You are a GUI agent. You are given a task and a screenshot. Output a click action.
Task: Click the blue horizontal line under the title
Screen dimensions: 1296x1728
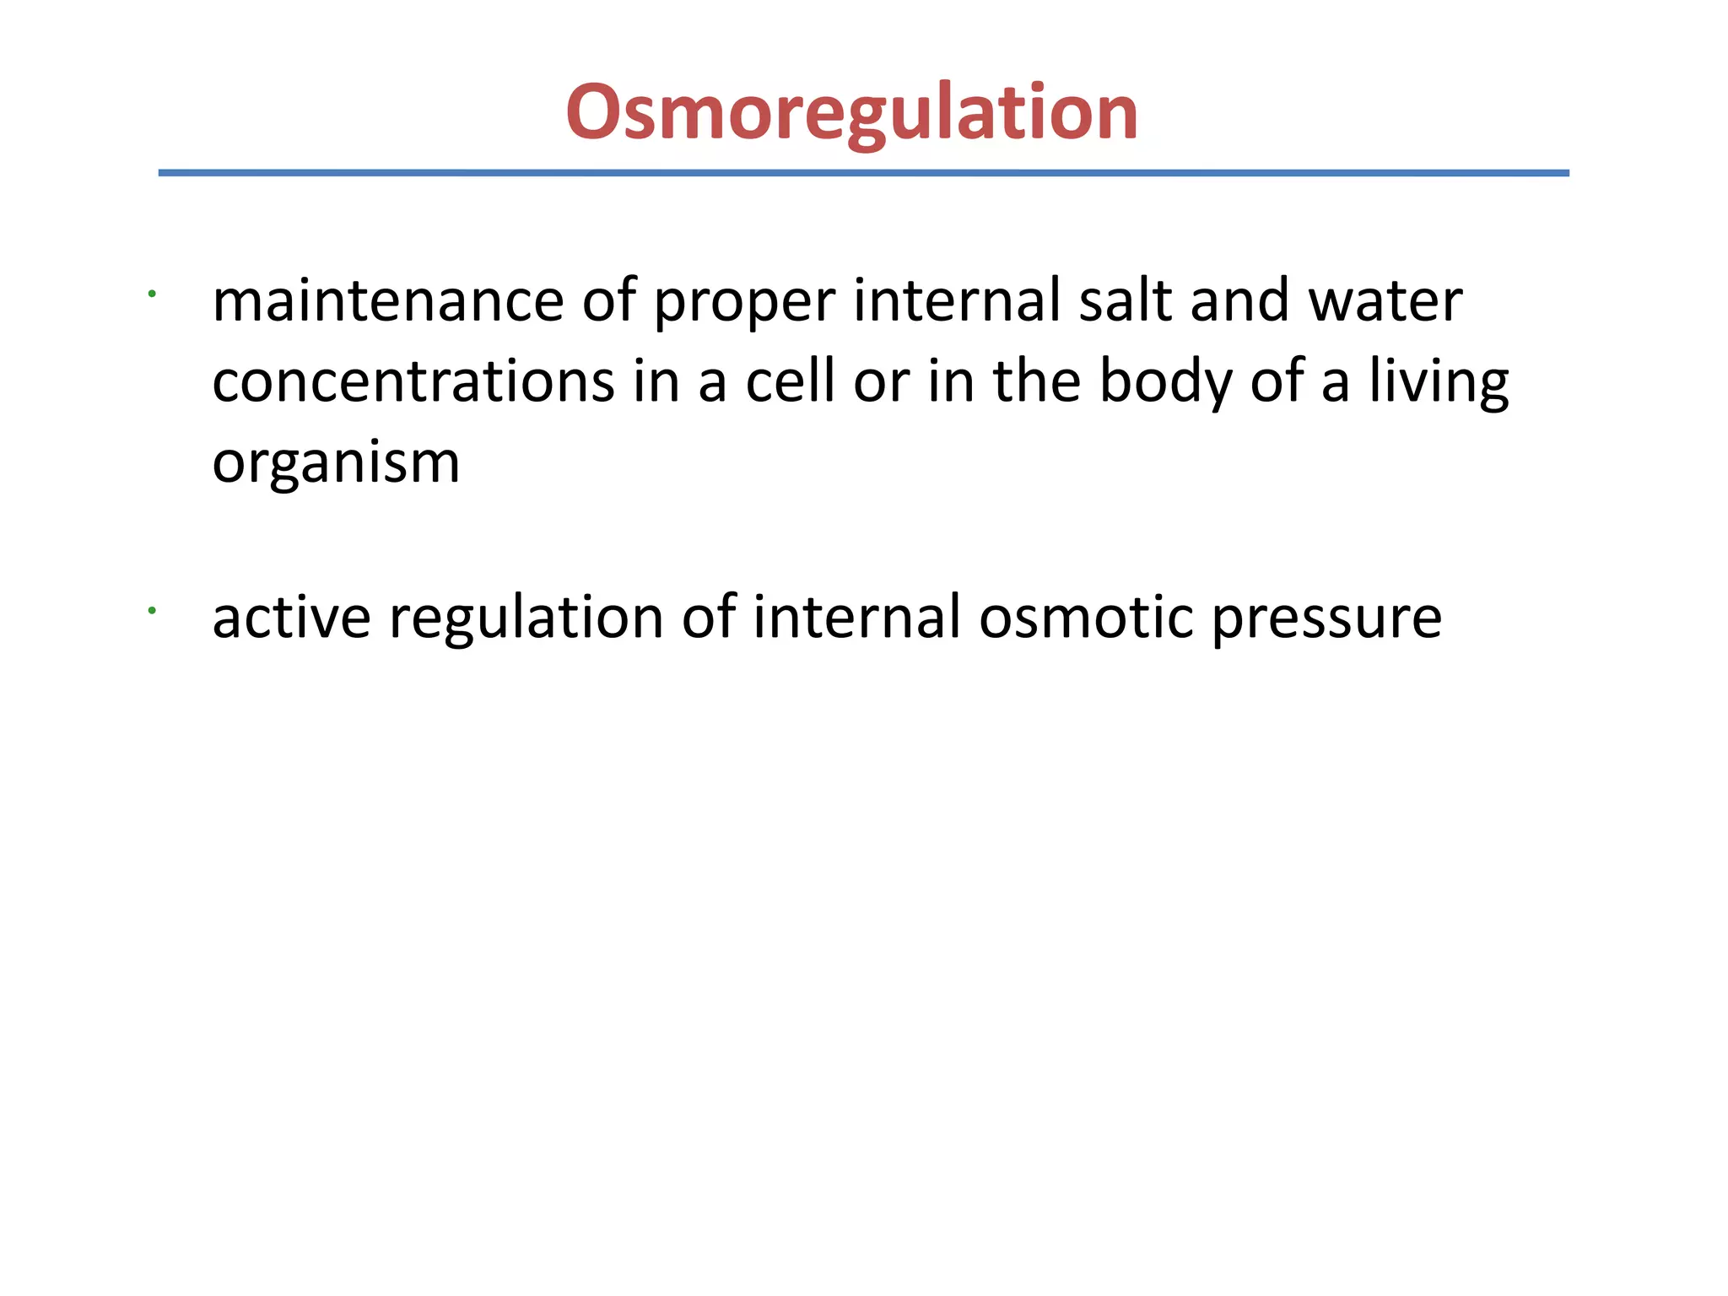pos(863,173)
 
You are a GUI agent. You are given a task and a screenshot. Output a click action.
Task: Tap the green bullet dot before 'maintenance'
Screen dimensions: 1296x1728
pos(151,294)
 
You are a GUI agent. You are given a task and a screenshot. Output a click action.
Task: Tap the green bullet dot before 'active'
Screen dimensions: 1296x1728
pos(151,609)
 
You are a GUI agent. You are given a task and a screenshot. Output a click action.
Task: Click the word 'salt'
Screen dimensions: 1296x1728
pos(1125,301)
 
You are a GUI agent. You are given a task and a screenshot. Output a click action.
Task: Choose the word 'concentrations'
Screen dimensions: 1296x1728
pos(413,382)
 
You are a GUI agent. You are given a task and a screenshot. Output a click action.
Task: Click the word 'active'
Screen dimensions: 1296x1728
pos(291,618)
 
